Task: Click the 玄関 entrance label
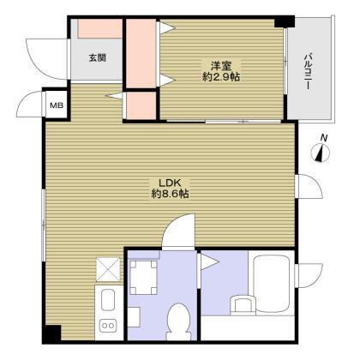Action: tap(98, 58)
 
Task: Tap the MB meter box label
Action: tap(57, 105)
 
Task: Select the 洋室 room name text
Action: tap(221, 66)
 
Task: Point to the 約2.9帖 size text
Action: tap(221, 77)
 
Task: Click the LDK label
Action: tap(170, 183)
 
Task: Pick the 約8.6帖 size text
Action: tap(170, 194)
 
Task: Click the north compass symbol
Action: tap(321, 152)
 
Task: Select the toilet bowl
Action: tap(179, 321)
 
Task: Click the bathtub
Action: tap(272, 284)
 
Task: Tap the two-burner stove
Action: tap(108, 326)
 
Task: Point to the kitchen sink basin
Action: tap(108, 300)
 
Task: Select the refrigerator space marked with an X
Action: tap(108, 269)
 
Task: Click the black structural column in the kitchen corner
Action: tap(51, 334)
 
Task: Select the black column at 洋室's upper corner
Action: tap(285, 21)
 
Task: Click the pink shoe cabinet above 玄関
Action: tap(100, 28)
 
